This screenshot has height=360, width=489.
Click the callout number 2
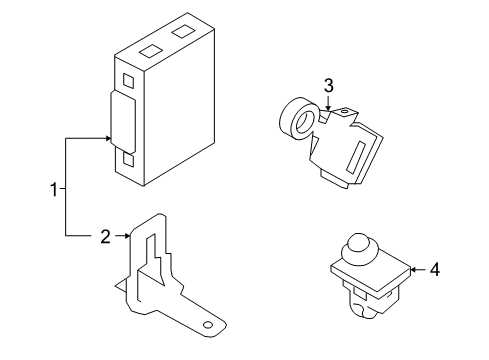click(x=105, y=237)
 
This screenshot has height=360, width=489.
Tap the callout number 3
click(x=327, y=86)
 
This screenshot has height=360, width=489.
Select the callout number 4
click(x=435, y=269)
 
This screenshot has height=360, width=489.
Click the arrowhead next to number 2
click(x=128, y=237)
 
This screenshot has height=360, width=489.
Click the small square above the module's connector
click(x=126, y=79)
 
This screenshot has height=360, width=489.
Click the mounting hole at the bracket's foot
click(x=207, y=326)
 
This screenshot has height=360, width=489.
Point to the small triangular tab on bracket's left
click(x=121, y=288)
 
